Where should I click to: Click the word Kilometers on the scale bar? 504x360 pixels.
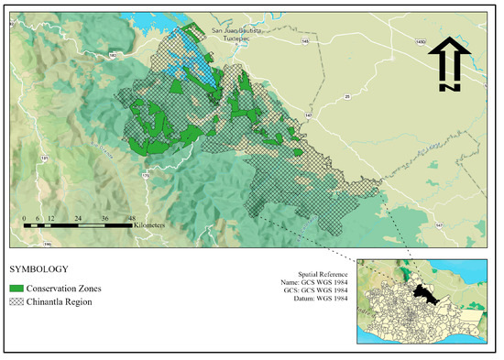(148, 224)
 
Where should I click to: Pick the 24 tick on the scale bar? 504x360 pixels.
(81, 216)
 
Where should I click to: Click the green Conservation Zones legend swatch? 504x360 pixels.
(16, 289)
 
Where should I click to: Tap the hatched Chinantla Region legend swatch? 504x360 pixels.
(16, 302)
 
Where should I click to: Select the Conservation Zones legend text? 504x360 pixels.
(63, 289)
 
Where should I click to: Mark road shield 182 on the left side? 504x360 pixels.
(113, 57)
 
